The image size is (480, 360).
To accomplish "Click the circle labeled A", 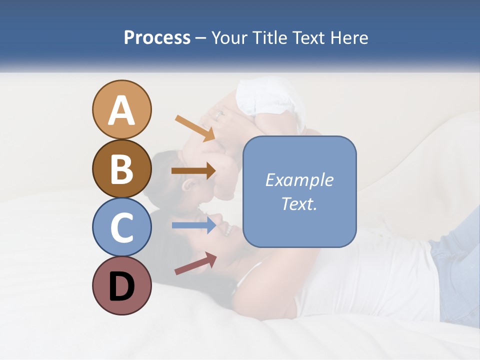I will [x=121, y=109].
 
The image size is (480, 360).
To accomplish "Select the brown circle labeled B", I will [x=121, y=168].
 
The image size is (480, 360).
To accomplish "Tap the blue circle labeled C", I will [x=121, y=227].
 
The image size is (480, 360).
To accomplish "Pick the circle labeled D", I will [x=121, y=285].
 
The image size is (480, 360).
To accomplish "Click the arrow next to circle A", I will [x=194, y=127].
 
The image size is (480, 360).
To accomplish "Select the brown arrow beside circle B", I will [x=193, y=171].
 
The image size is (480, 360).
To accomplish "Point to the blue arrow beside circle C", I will [x=193, y=225].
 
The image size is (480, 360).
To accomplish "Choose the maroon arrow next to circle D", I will [x=195, y=263].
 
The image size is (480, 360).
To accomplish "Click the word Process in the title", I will [x=157, y=37].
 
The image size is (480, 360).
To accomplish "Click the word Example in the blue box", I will [x=299, y=180].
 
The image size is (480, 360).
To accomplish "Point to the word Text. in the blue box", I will [x=299, y=203].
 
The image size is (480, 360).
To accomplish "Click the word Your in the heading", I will [x=230, y=37].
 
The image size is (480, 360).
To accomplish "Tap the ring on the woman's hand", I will [x=218, y=114].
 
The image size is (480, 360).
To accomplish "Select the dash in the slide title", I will [x=201, y=38].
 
